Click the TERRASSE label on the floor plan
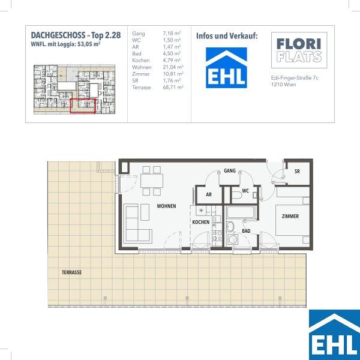point(71,272)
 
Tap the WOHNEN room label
point(166,206)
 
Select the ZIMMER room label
point(290,216)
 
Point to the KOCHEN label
point(201,222)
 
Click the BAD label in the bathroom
point(246,231)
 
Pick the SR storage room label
point(297,171)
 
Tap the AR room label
point(209,194)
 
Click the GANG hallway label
point(230,170)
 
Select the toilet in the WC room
point(237,195)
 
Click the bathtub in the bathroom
point(241,212)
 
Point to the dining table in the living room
point(152,181)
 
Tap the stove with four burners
point(217,235)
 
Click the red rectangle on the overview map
point(83,106)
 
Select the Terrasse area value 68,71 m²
point(173,88)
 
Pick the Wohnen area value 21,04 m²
point(173,67)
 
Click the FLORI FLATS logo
point(299,50)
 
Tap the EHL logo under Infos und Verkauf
point(226,68)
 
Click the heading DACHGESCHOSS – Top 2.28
point(76,35)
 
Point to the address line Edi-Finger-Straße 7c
point(295,78)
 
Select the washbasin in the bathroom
point(230,227)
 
